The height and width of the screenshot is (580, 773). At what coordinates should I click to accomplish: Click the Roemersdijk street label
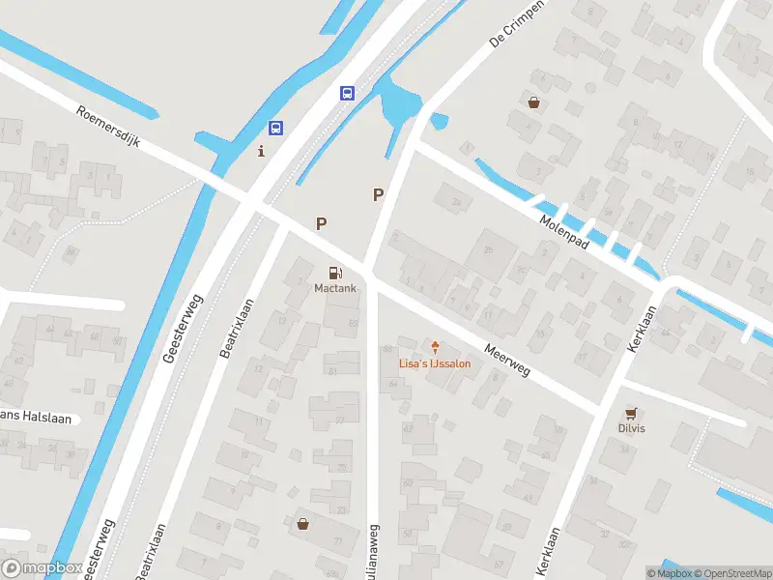[108, 127]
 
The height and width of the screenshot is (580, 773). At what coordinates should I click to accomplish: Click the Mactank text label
[333, 288]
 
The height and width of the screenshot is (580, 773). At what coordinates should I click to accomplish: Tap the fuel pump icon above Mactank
[334, 274]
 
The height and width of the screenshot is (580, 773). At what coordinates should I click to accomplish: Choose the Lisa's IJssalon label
[435, 364]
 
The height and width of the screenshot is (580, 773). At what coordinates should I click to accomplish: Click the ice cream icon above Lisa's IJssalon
[435, 347]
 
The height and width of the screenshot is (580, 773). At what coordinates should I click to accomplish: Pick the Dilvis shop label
[632, 428]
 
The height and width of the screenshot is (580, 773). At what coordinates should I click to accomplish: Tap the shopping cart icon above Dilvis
[632, 412]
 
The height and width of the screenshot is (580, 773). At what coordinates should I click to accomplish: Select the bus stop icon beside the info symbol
[276, 128]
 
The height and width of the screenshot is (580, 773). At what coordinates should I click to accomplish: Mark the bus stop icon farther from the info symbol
[347, 94]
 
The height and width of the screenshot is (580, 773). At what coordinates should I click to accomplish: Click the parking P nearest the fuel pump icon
[321, 223]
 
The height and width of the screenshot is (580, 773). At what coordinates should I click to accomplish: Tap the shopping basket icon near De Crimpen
[533, 101]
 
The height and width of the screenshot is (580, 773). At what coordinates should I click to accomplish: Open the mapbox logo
[43, 567]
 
